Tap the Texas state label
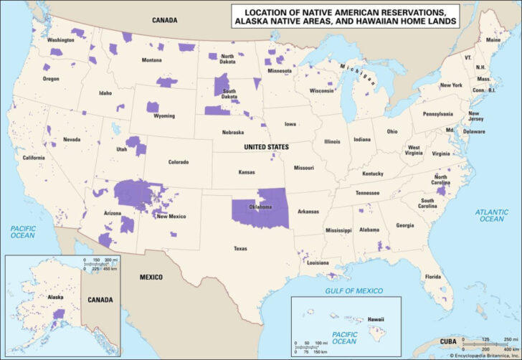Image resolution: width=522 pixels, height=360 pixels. coord(239,248)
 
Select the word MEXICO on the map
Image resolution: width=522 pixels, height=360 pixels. coord(151,277)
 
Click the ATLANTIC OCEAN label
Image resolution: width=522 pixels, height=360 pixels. coord(492,214)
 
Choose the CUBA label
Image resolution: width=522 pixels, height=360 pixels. coord(447,341)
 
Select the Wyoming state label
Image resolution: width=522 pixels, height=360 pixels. coord(163,115)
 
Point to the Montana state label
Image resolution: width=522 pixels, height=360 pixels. coord(151,60)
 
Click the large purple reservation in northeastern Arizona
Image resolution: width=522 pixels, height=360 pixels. coord(140,192)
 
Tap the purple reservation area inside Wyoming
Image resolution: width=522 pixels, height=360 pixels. coord(153,107)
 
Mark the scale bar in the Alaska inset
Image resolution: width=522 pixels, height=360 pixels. coord(100,263)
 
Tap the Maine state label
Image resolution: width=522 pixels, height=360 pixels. coord(493,40)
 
